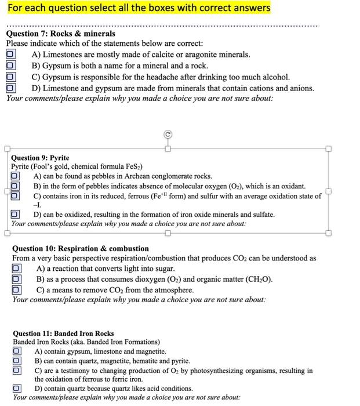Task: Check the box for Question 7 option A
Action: (10, 54)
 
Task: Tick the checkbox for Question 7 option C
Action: (10, 77)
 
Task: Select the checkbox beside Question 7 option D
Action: (10, 88)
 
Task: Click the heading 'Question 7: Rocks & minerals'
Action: (61, 34)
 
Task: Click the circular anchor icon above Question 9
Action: (168, 134)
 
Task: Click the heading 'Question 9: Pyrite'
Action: (40, 158)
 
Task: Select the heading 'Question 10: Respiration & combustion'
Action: (81, 248)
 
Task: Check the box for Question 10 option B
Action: (17, 279)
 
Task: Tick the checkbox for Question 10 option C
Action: (17, 290)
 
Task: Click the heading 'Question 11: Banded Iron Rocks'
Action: (63, 333)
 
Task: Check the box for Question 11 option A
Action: (17, 351)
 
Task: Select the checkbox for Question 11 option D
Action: (17, 389)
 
